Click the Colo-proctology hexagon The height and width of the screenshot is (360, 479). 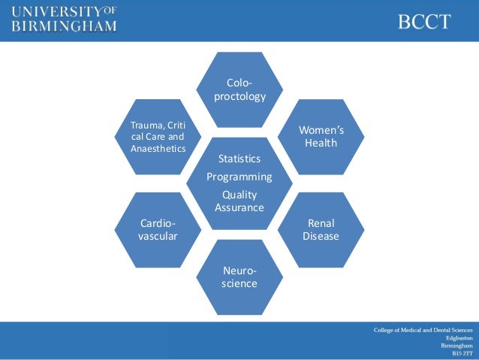click(239, 89)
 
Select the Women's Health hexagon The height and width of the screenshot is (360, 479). click(321, 136)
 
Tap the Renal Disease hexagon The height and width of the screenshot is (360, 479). click(321, 230)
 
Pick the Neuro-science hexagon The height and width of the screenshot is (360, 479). click(239, 277)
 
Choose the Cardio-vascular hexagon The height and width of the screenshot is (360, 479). click(158, 230)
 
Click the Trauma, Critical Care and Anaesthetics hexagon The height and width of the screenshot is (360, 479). click(158, 136)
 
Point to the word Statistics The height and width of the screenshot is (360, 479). click(239, 159)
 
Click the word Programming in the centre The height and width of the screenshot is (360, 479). click(239, 177)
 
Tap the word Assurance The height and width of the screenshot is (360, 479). click(239, 207)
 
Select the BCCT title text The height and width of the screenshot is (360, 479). click(424, 22)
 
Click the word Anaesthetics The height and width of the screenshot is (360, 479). click(158, 148)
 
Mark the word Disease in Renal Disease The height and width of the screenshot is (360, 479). click(321, 237)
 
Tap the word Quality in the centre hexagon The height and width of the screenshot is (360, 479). click(239, 195)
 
